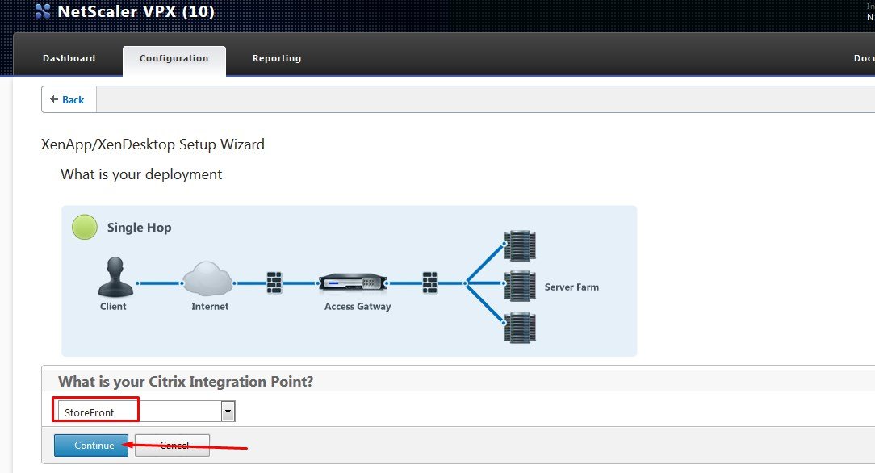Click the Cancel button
click(174, 446)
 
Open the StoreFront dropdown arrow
click(228, 412)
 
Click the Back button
click(68, 99)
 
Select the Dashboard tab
click(69, 58)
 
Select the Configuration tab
click(174, 58)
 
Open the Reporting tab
click(276, 58)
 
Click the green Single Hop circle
click(85, 227)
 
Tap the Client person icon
click(114, 278)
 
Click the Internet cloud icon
click(208, 278)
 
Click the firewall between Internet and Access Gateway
click(275, 283)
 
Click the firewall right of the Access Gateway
click(430, 283)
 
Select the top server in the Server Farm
click(520, 245)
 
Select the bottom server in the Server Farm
click(520, 328)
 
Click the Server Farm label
click(571, 287)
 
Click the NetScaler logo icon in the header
click(43, 12)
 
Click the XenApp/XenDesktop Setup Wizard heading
click(153, 145)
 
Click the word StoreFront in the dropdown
click(90, 412)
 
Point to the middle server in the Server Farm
click(520, 286)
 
